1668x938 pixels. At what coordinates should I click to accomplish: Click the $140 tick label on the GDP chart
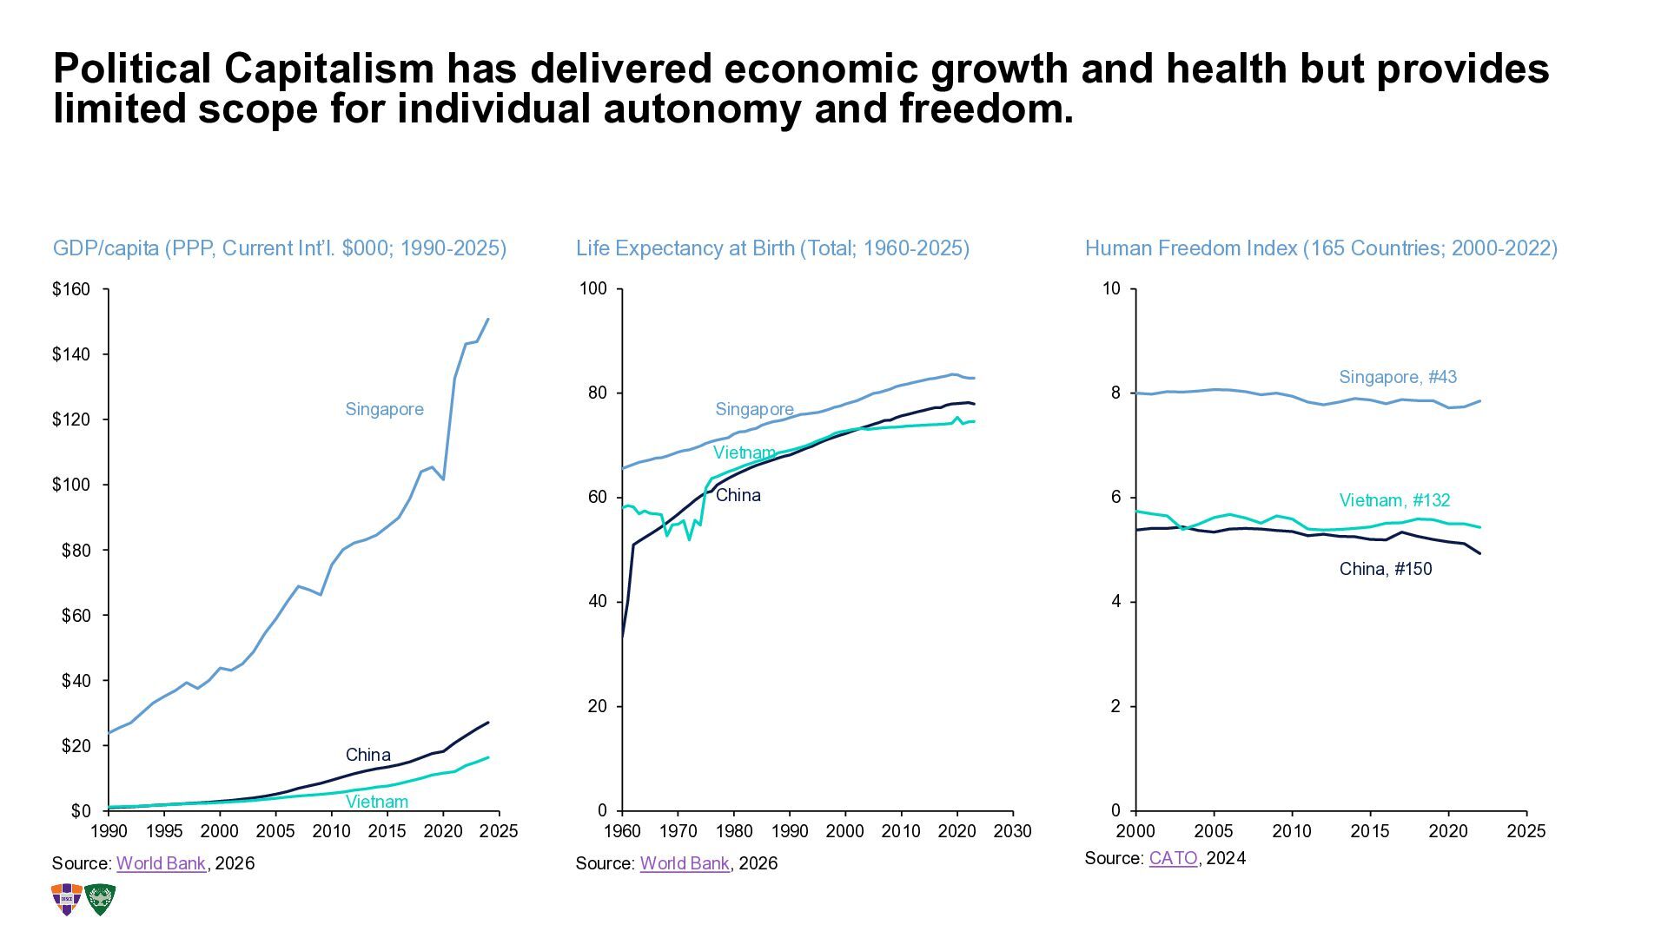coord(71,354)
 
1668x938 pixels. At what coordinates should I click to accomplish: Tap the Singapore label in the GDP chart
coord(384,409)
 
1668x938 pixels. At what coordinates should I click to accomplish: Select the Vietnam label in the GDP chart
coord(377,802)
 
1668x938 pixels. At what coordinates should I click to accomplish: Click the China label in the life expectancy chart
coord(738,495)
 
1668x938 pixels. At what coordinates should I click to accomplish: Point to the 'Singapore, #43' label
coord(1397,377)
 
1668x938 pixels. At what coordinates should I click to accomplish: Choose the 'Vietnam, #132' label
coord(1394,500)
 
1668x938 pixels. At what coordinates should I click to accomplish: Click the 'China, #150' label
coord(1386,569)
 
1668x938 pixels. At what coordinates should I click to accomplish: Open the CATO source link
coord(1173,858)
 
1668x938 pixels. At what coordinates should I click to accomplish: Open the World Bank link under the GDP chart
coord(161,863)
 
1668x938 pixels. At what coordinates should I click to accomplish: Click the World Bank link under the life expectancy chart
coord(685,863)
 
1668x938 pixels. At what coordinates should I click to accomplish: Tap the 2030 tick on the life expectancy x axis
coord(1012,831)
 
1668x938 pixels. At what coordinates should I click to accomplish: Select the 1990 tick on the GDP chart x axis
coord(109,831)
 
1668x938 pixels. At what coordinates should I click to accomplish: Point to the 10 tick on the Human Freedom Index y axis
coord(1111,289)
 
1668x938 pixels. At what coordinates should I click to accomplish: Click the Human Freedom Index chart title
coord(1320,248)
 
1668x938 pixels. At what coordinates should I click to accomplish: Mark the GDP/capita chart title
coord(280,248)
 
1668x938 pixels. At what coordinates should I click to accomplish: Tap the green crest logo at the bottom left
coord(100,900)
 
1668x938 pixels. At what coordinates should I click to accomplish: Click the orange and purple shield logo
coord(67,900)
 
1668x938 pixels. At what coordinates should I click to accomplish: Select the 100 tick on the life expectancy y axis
coord(593,289)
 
